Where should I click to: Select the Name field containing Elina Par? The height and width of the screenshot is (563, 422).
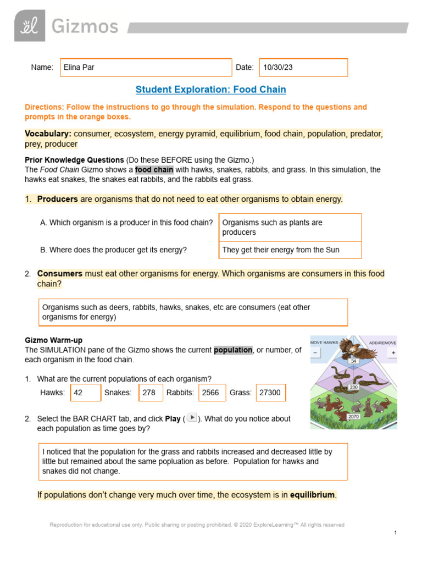[x=146, y=68]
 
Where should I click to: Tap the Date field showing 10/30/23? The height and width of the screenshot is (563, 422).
[x=303, y=68]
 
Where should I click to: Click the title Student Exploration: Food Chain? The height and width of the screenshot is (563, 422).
[x=210, y=89]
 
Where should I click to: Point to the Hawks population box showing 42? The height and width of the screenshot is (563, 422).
[x=86, y=393]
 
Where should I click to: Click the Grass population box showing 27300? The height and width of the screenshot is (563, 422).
[x=270, y=393]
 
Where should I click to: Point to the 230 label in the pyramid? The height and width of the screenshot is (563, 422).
[x=353, y=387]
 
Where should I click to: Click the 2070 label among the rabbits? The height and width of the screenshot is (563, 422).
[x=353, y=417]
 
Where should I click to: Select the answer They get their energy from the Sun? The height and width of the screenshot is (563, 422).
[x=290, y=250]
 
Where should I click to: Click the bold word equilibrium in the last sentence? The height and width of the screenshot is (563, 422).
[x=312, y=495]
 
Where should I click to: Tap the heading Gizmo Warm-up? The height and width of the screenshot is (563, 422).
[x=54, y=340]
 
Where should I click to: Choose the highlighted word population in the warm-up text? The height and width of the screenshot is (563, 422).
[x=233, y=350]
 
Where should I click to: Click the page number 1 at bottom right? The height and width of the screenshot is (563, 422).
[x=395, y=533]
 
